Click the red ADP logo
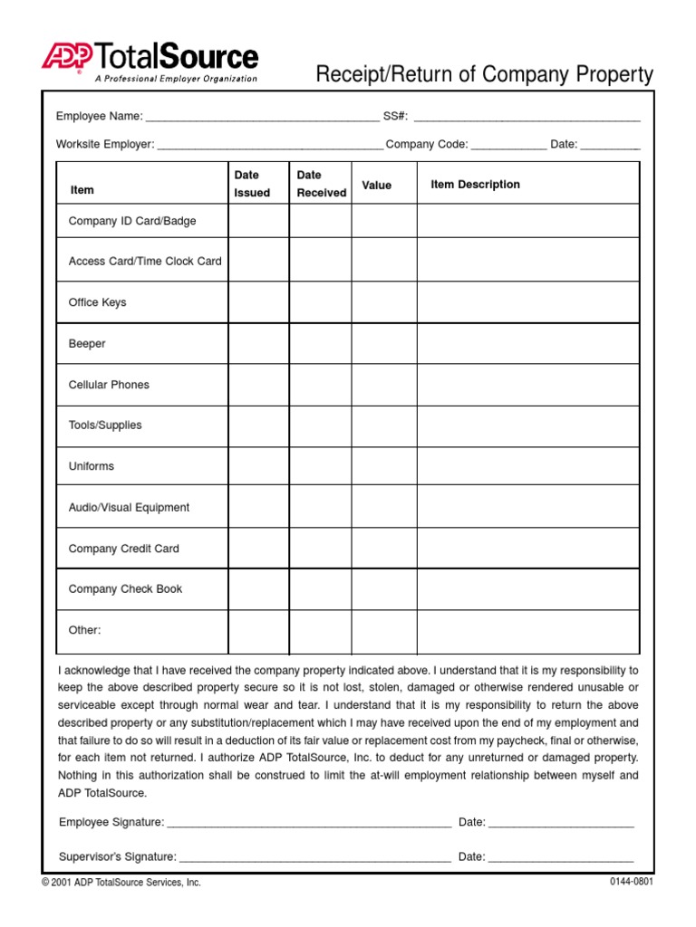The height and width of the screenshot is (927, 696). [x=66, y=56]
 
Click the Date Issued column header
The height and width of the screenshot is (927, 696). [x=251, y=184]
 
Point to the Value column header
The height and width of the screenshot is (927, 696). [x=377, y=186]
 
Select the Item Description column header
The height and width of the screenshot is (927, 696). [x=475, y=185]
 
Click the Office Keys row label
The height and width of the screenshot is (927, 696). [x=98, y=302]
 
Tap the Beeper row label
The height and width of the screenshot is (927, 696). [x=87, y=344]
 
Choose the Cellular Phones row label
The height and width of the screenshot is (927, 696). [x=109, y=385]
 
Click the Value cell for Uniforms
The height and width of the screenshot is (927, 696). [x=384, y=466]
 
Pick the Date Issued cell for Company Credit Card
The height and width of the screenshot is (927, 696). [x=258, y=549]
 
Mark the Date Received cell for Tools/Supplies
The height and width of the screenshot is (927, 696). [x=320, y=425]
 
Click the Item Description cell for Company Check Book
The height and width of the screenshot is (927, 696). [x=527, y=589]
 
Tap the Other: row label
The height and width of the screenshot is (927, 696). [x=85, y=630]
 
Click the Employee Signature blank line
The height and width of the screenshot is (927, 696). [x=309, y=825]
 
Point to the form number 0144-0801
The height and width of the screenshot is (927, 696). [x=631, y=882]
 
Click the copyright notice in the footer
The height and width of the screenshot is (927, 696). [x=121, y=883]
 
